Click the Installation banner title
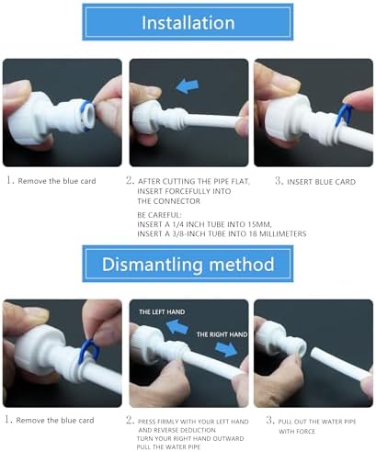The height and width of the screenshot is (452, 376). click(x=188, y=23)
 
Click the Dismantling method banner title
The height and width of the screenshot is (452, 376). click(x=188, y=264)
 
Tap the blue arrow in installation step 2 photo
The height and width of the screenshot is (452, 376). click(x=188, y=86)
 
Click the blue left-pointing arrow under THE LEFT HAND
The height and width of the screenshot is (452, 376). click(x=177, y=327)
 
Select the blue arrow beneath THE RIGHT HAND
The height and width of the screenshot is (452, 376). click(x=226, y=349)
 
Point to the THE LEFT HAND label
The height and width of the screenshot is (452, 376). click(x=162, y=312)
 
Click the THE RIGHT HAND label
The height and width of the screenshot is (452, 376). click(x=222, y=334)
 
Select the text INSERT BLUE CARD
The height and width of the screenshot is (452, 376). click(x=321, y=182)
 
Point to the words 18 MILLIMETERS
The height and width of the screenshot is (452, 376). click(x=278, y=233)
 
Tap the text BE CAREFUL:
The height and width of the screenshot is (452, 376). click(x=159, y=215)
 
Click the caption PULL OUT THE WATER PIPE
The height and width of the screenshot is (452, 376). click(x=317, y=422)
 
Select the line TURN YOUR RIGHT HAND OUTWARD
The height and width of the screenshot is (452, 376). click(x=190, y=438)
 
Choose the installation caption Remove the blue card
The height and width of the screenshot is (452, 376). click(x=57, y=181)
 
